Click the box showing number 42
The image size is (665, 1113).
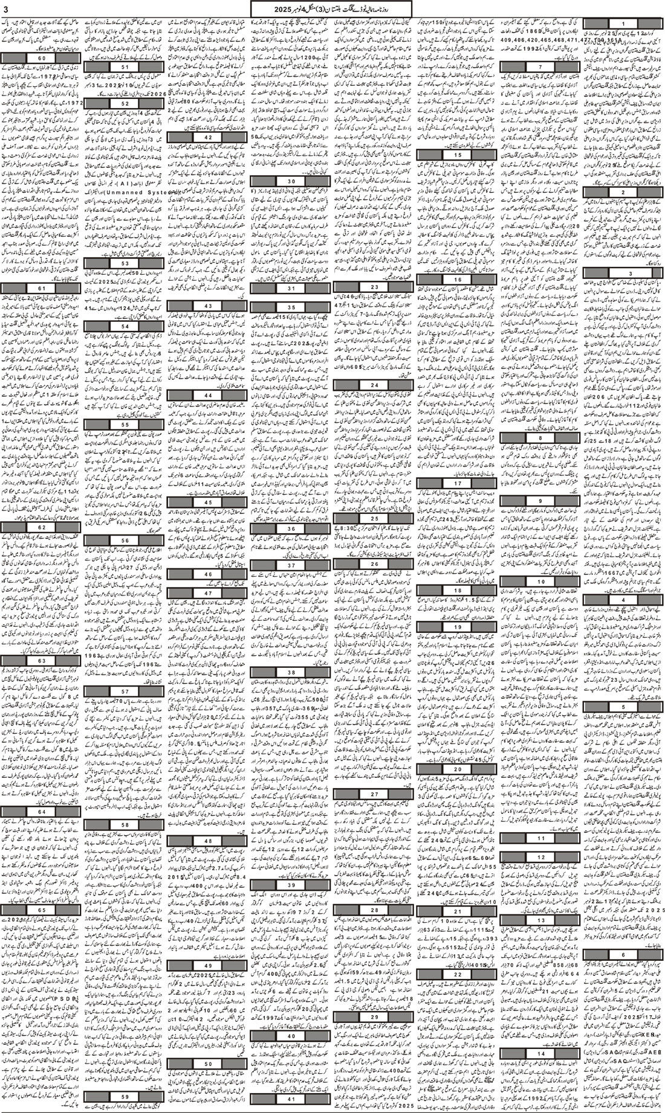[207, 138]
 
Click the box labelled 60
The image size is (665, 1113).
[41, 58]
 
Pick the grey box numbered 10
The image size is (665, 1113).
[539, 580]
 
